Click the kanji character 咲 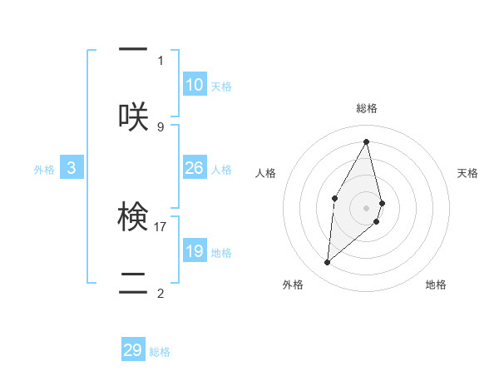pyautogui.click(x=133, y=116)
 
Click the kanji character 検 pyautogui.click(x=133, y=218)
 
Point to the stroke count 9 pyautogui.click(x=161, y=126)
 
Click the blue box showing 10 pyautogui.click(x=195, y=85)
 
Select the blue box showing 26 pyautogui.click(x=195, y=168)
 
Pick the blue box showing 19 pyautogui.click(x=195, y=251)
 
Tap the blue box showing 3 pyautogui.click(x=72, y=168)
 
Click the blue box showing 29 pyautogui.click(x=133, y=350)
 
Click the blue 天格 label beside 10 pyautogui.click(x=221, y=87)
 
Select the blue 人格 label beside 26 pyautogui.click(x=221, y=170)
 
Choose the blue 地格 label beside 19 pyautogui.click(x=221, y=253)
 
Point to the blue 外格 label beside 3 pyautogui.click(x=44, y=170)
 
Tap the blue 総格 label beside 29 pyautogui.click(x=160, y=352)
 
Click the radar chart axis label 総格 pyautogui.click(x=367, y=108)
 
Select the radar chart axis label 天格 pyautogui.click(x=467, y=173)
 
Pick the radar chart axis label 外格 pyautogui.click(x=293, y=285)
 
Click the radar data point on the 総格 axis pyautogui.click(x=367, y=141)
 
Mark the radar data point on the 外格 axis pyautogui.click(x=328, y=262)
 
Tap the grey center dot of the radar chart pyautogui.click(x=367, y=207)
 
